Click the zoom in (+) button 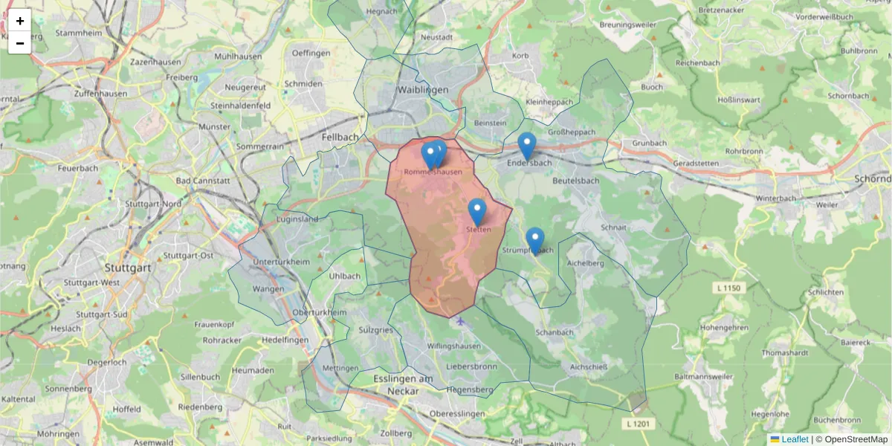tap(20, 21)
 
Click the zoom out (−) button tap(20, 43)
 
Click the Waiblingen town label tap(422, 89)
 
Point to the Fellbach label tap(340, 138)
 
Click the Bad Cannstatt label tap(203, 181)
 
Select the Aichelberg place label tap(584, 262)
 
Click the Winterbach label tap(775, 199)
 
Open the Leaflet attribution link tap(794, 439)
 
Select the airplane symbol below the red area tap(461, 321)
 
